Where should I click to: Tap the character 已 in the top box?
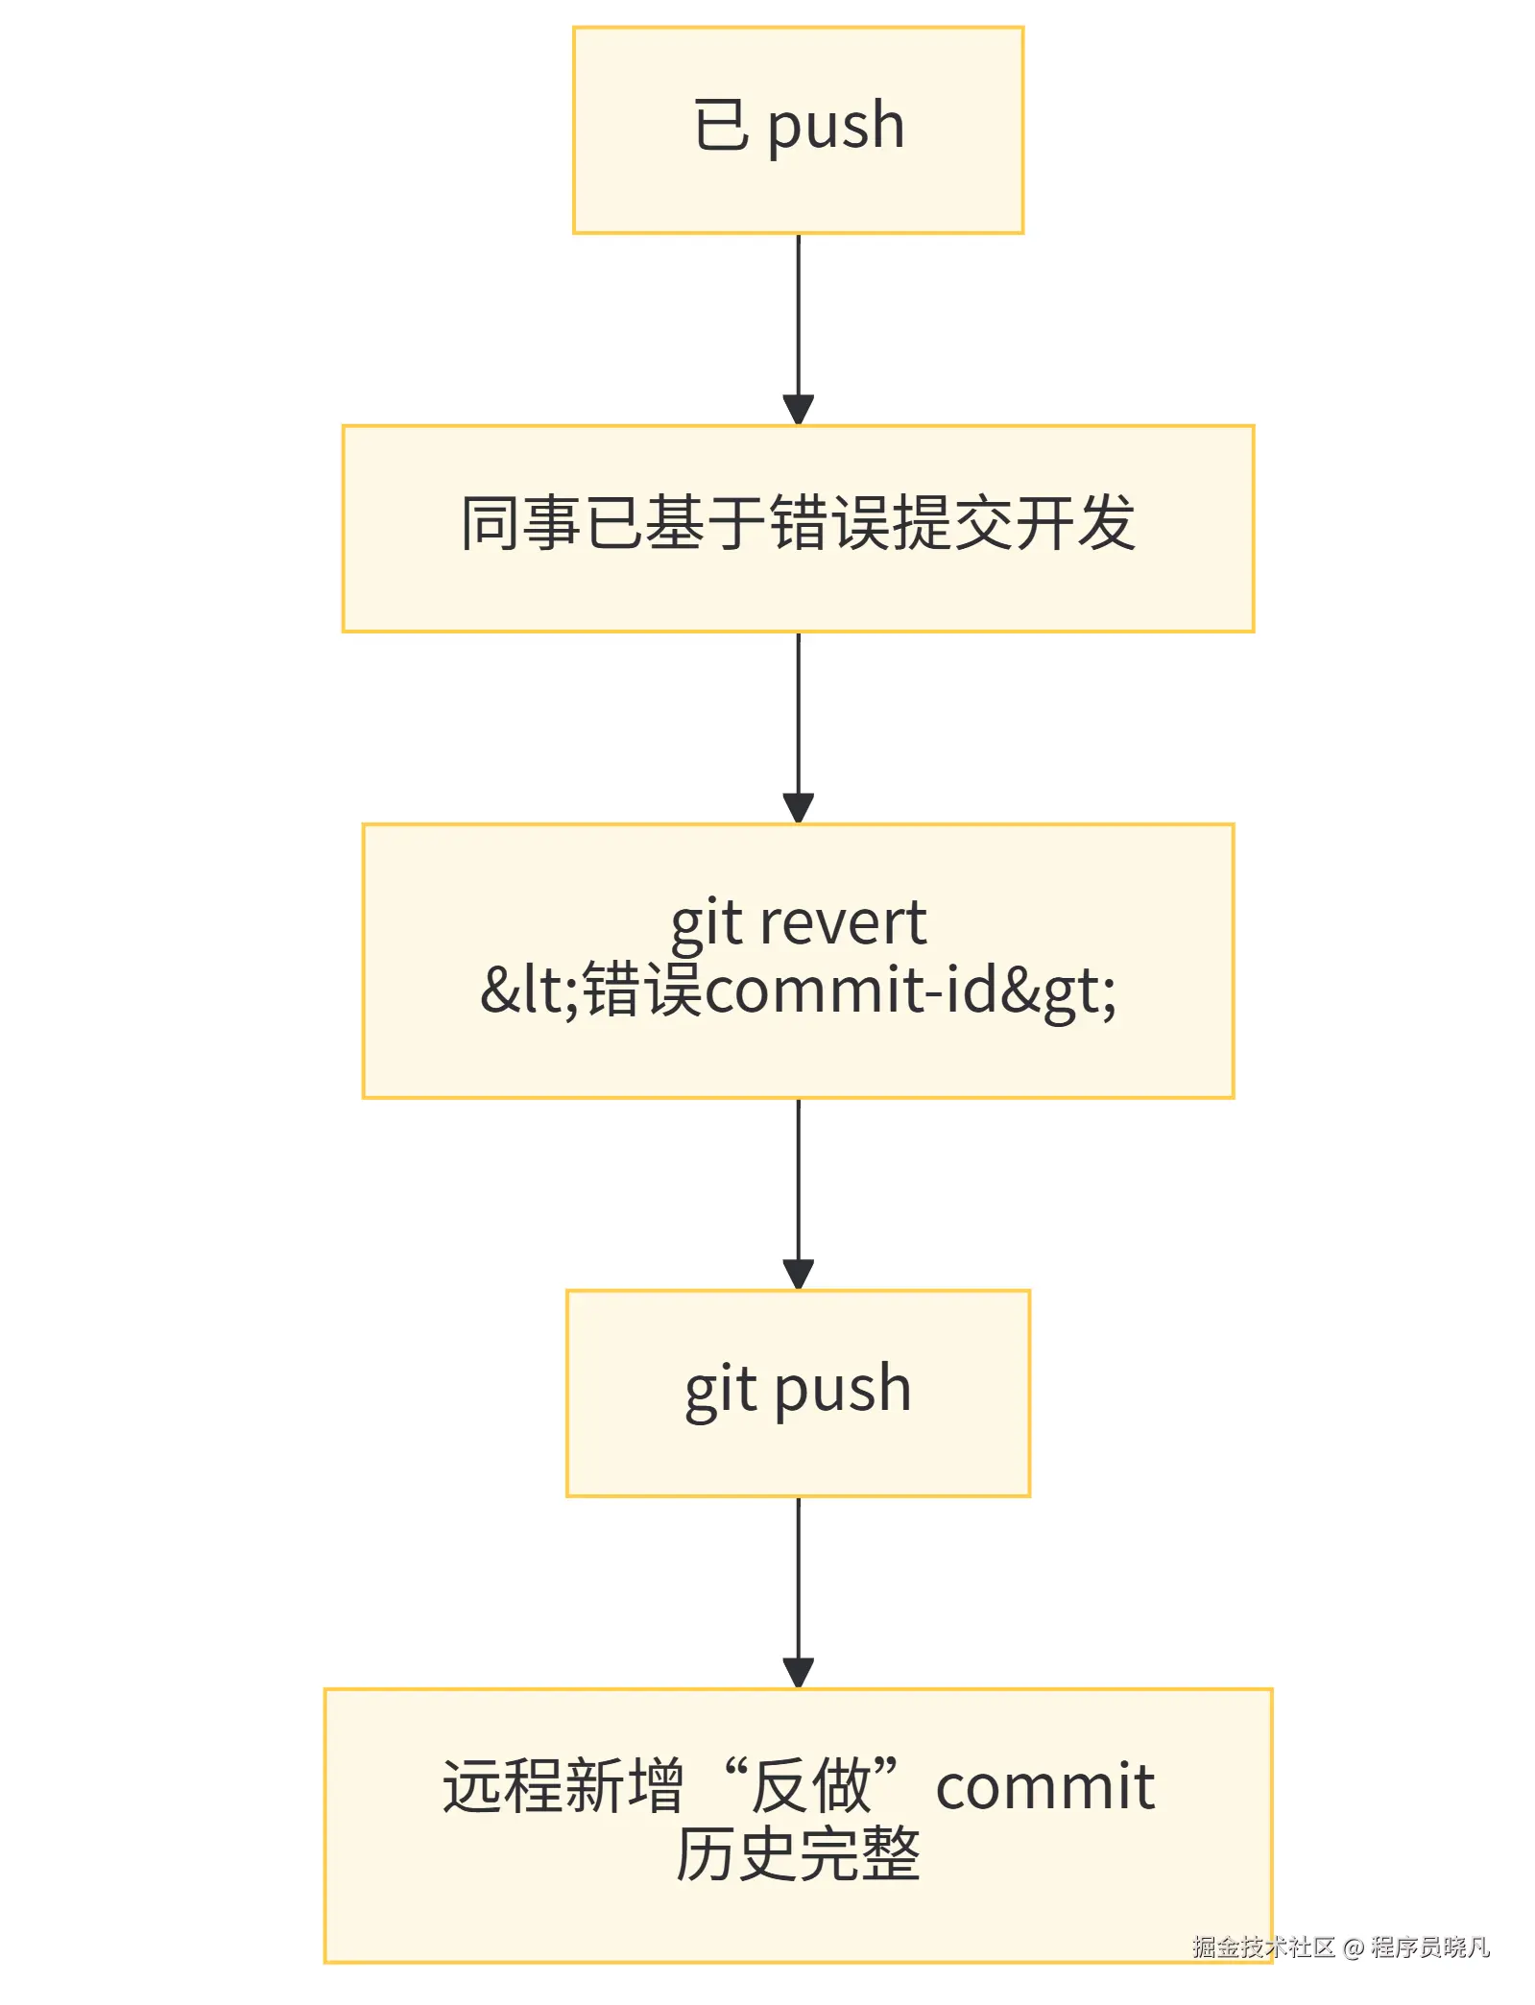click(721, 126)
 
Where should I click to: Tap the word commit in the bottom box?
click(1044, 1787)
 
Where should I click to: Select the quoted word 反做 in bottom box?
click(810, 1787)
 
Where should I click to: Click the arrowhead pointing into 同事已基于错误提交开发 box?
click(798, 411)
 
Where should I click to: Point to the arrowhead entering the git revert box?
click(798, 809)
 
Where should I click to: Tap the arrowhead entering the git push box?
click(798, 1276)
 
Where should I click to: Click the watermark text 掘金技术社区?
click(1263, 1947)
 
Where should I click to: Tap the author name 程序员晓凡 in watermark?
click(1429, 1947)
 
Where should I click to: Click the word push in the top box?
click(836, 126)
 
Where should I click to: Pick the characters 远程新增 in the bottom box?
click(562, 1787)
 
